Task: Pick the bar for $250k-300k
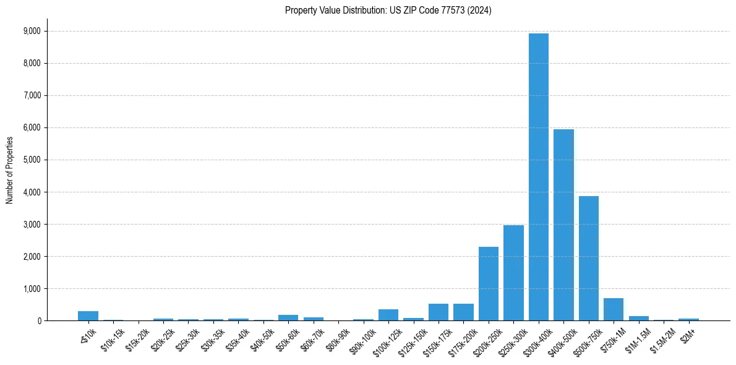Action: [x=513, y=273]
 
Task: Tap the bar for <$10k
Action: [x=88, y=316]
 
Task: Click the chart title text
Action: [x=388, y=11]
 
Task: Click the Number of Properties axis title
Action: [x=10, y=170]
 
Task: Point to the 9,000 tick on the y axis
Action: [x=32, y=31]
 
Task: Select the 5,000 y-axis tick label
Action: [x=32, y=160]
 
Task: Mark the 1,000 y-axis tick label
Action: [x=32, y=288]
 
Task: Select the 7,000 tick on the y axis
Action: [x=32, y=95]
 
